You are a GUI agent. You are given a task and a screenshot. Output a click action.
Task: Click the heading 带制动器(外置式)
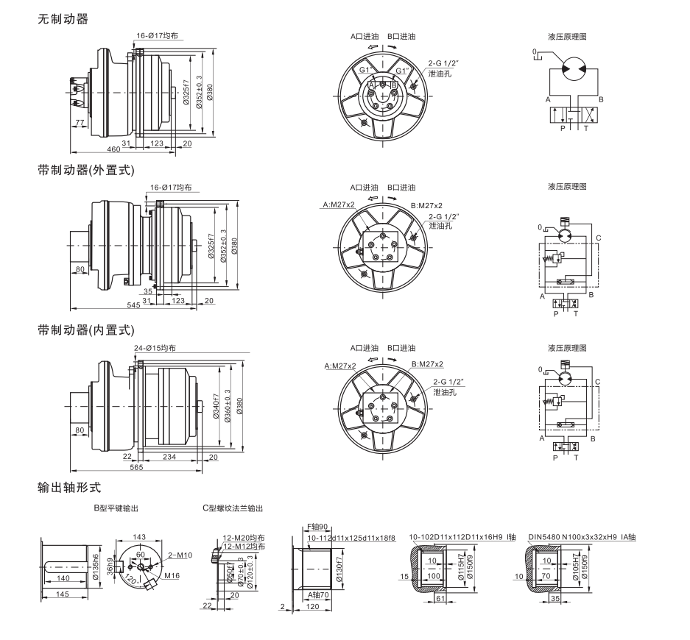click(86, 171)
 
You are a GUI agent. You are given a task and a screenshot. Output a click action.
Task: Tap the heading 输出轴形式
click(68, 487)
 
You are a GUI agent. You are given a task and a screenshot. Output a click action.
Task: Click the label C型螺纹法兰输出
click(232, 508)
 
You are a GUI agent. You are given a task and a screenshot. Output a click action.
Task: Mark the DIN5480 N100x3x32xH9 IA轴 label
click(582, 536)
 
